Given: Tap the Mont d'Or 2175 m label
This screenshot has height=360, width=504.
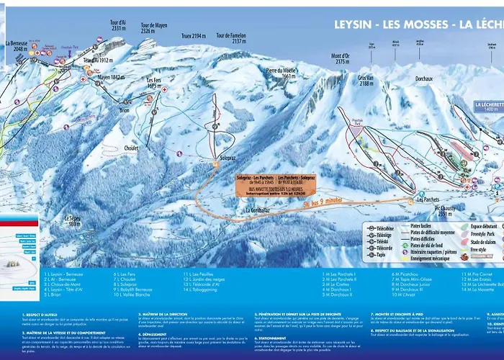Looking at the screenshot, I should pyautogui.click(x=339, y=58).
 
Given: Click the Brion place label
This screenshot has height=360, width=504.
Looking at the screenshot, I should pyautogui.click(x=125, y=111).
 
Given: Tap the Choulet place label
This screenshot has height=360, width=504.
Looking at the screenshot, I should pyautogui.click(x=130, y=148).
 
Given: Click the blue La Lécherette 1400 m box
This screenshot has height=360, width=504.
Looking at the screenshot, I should pyautogui.click(x=487, y=107).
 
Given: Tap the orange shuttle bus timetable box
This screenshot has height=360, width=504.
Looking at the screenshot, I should pyautogui.click(x=276, y=185).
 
